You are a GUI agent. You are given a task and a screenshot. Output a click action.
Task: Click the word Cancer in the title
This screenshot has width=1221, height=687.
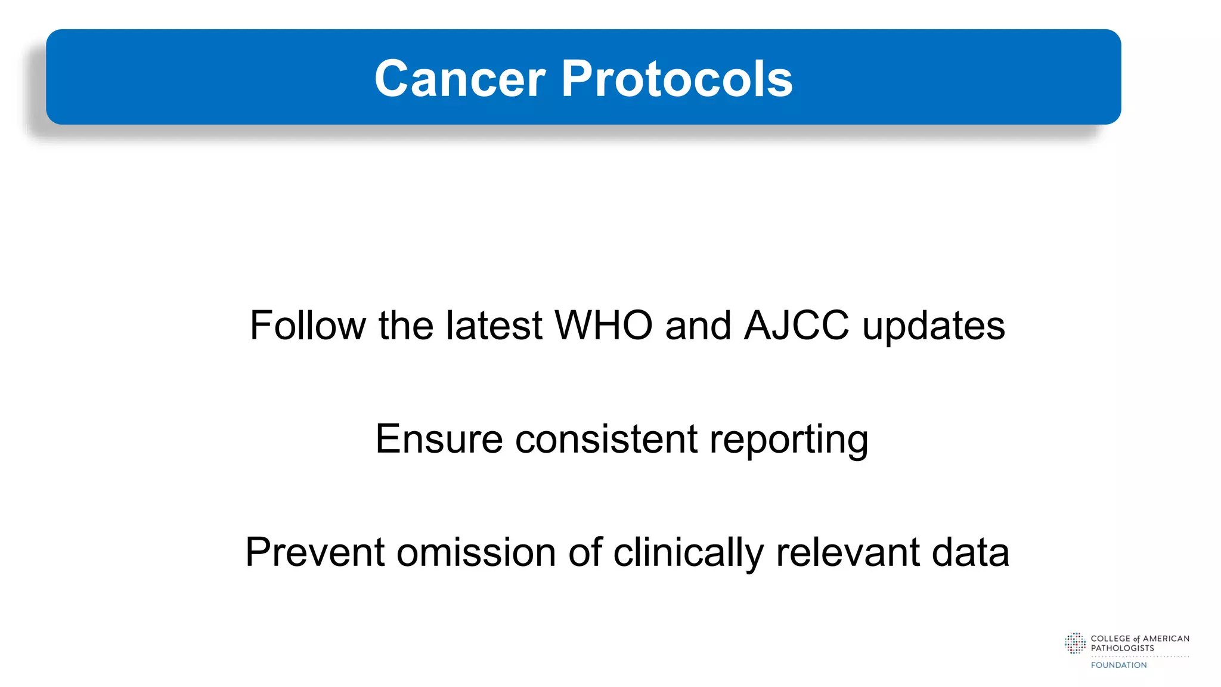point(460,79)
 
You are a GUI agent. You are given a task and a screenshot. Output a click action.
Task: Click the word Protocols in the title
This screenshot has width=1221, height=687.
point(677,79)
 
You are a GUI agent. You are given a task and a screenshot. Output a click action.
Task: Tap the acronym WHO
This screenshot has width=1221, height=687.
point(603,326)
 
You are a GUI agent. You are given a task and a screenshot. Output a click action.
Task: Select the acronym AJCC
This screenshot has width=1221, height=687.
point(797,326)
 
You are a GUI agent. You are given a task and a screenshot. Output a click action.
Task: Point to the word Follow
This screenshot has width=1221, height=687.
point(308,326)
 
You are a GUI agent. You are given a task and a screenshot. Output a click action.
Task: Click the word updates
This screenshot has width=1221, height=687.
point(934,327)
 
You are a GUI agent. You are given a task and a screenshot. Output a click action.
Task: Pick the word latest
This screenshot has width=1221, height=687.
point(494,326)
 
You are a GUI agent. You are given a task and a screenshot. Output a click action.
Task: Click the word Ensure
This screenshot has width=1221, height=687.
point(439,439)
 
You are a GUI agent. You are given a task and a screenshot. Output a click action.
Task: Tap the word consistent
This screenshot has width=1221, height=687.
point(606,439)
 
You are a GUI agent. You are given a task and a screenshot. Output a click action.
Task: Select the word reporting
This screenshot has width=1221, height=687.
point(789,440)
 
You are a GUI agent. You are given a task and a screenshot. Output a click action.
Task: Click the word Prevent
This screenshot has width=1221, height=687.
point(314,552)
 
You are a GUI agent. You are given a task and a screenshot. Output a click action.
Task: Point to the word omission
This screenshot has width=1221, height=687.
point(475,552)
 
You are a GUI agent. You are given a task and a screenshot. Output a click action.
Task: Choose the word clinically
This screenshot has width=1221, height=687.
point(688,553)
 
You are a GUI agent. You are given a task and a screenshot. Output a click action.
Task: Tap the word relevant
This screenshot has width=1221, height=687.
point(847,552)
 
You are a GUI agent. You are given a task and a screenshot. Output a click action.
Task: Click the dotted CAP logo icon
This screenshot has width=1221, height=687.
point(1075,643)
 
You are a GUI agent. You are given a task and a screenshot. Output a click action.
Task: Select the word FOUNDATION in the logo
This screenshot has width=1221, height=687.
point(1118,665)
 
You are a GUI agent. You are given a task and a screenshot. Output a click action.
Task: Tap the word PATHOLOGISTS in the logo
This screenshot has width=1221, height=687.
point(1122,648)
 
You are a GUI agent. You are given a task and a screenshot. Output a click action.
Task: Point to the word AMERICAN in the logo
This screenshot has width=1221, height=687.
point(1166,639)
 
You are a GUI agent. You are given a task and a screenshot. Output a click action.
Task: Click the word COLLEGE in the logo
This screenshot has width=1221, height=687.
point(1111,639)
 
